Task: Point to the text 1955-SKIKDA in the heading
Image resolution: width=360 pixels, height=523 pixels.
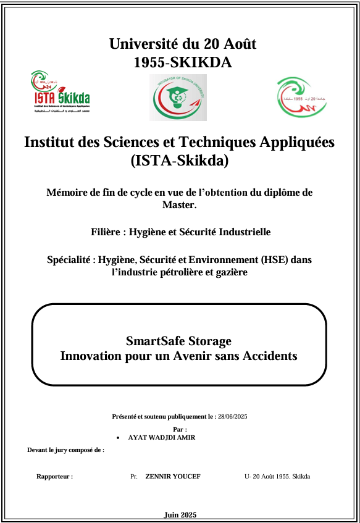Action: tap(183, 62)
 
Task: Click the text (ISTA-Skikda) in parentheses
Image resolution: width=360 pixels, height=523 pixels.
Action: tap(180, 161)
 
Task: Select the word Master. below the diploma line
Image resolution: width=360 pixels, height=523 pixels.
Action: tap(179, 204)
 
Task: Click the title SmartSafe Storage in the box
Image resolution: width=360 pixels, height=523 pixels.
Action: tap(178, 340)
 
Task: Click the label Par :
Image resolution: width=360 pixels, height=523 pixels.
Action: tap(180, 429)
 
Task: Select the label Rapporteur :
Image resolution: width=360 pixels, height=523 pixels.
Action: tap(54, 477)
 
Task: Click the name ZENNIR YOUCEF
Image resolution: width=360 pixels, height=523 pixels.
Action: tap(172, 477)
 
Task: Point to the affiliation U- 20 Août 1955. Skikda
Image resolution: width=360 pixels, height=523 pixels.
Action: tap(277, 477)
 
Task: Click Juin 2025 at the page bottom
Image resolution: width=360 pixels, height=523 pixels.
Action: tap(180, 515)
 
